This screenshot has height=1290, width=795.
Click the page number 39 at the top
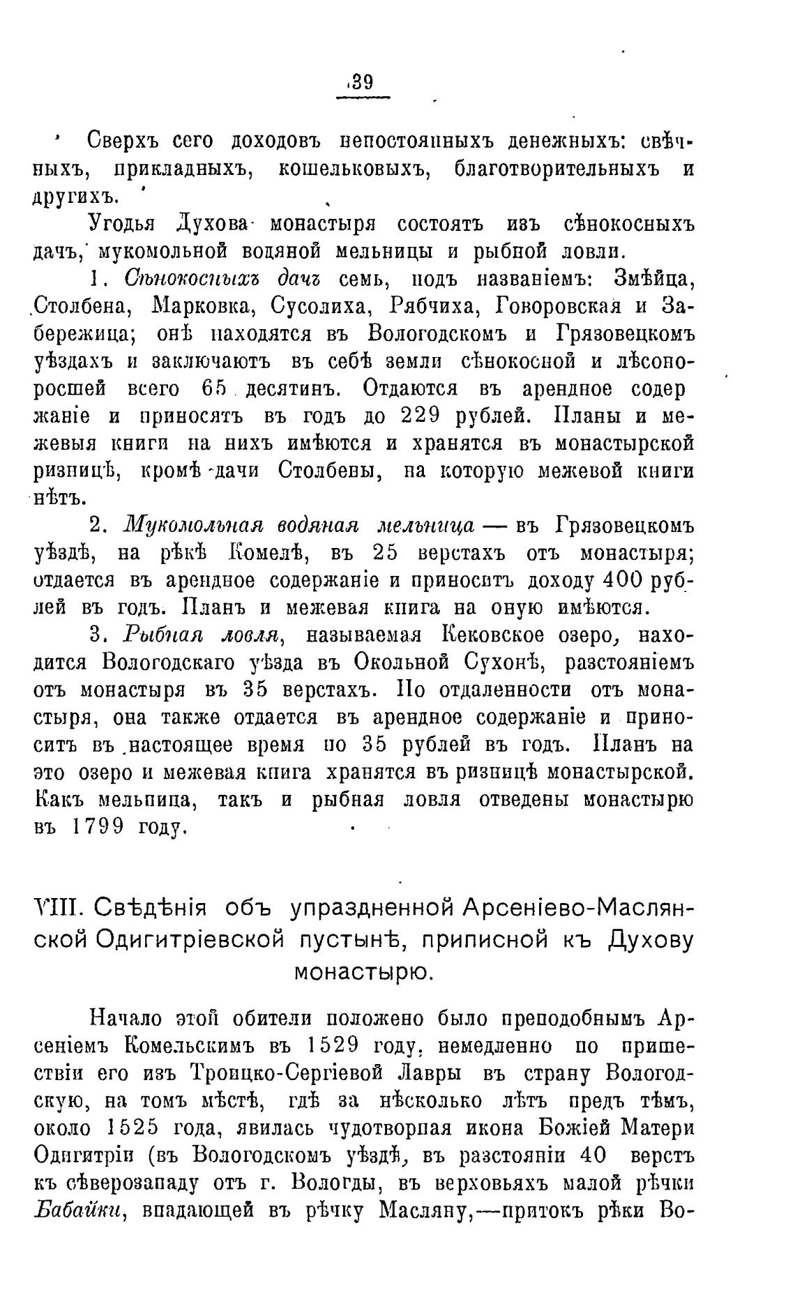(x=363, y=82)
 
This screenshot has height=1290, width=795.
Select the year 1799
(x=98, y=827)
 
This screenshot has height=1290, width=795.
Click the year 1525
(x=137, y=1128)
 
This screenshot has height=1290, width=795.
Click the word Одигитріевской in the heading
(x=190, y=940)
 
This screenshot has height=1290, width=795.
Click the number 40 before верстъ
(x=593, y=1155)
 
